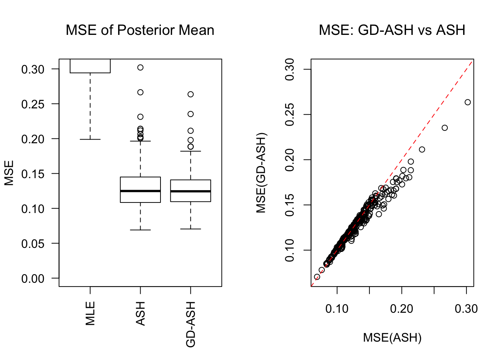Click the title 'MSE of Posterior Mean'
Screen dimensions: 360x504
[x=140, y=30]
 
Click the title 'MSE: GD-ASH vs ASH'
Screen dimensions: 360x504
[x=392, y=30]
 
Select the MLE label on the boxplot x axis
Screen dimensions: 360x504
[x=90, y=313]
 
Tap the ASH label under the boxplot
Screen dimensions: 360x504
[x=140, y=313]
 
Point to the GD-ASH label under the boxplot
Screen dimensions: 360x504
[x=190, y=324]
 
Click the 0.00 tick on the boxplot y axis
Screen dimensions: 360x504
[x=33, y=279]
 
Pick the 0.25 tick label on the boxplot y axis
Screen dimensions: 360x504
[x=33, y=104]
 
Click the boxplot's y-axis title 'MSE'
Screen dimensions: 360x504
[x=9, y=173]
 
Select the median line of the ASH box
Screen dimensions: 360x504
[x=140, y=191]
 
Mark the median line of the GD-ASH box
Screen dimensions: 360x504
[x=190, y=191]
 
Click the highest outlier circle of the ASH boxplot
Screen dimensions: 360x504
[x=140, y=67]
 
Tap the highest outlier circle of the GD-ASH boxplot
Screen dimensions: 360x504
[x=190, y=94]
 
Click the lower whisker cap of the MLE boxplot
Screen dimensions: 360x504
[x=90, y=139]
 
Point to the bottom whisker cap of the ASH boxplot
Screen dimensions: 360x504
[x=140, y=230]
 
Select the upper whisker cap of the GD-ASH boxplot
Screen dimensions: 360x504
[x=190, y=151]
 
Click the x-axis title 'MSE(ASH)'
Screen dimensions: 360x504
[x=392, y=338]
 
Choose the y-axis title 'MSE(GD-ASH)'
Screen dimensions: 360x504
[x=261, y=173]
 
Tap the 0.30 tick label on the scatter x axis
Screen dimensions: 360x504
[x=466, y=309]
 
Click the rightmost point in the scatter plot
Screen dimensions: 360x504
[x=468, y=102]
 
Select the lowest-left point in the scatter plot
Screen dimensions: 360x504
[x=317, y=277]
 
